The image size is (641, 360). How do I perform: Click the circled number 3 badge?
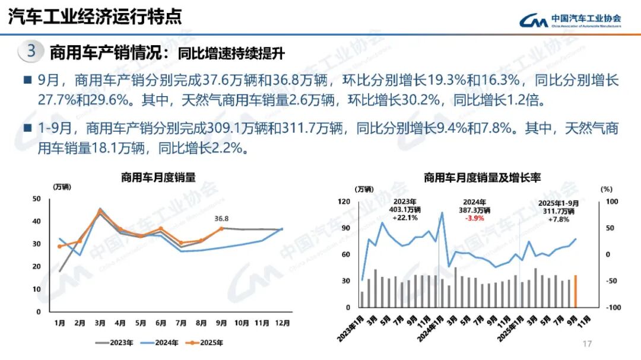(31, 52)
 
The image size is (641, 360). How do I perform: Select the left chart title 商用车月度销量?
(158, 177)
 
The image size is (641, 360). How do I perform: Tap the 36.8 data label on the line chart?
(222, 218)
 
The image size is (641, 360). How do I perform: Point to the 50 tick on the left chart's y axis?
(37, 199)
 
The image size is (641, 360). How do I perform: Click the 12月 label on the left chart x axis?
(283, 323)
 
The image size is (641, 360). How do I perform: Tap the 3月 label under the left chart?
(100, 323)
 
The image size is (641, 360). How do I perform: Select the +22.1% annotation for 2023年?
(405, 218)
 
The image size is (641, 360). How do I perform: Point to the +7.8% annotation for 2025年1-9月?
(559, 219)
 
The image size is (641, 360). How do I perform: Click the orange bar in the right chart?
(575, 291)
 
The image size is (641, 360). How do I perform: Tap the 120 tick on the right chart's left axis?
(344, 202)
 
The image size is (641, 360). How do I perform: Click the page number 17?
(588, 344)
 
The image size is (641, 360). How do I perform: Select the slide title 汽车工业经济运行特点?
(94, 17)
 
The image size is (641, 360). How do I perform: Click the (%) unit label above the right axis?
(605, 189)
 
